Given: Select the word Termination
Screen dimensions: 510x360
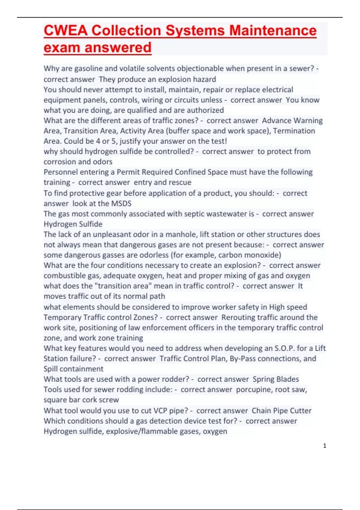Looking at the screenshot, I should point(294,131).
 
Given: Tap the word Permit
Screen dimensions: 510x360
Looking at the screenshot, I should point(128,172).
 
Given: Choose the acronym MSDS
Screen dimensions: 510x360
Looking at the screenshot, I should point(121,203).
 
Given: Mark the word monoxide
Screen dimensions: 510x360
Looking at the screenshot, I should point(263,255).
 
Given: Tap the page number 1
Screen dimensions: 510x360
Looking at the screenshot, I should point(325,446).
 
